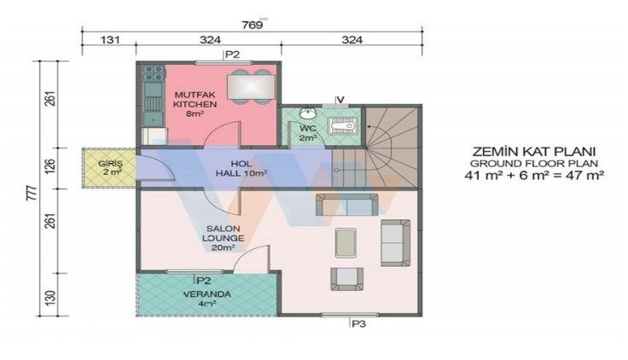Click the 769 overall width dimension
(253, 25)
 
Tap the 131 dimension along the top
(110, 40)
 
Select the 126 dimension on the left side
(50, 168)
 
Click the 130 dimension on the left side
(50, 298)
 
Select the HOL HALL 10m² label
(241, 169)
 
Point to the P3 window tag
(358, 324)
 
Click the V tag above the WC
(340, 99)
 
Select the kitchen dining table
(251, 87)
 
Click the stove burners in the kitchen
(154, 73)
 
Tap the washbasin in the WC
(308, 113)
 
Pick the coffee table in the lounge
(346, 242)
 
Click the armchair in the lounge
(346, 279)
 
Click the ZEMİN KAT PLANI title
(534, 152)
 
